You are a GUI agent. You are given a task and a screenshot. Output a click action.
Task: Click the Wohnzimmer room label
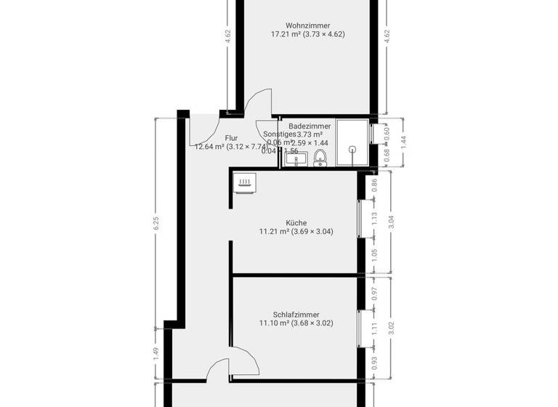click(x=307, y=25)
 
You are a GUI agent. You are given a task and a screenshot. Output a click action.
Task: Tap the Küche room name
click(x=296, y=223)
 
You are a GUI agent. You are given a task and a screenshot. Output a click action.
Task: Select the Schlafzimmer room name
click(x=296, y=315)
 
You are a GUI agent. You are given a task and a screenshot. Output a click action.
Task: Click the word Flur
click(x=232, y=137)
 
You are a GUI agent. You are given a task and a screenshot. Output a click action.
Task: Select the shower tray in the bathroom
click(x=352, y=144)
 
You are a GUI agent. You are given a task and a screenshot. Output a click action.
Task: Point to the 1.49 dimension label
click(x=155, y=354)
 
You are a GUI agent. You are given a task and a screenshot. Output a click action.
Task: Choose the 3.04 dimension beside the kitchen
click(x=392, y=222)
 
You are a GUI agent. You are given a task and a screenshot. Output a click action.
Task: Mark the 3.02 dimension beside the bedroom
click(x=392, y=328)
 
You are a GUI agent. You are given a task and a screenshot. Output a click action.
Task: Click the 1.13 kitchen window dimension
click(x=375, y=219)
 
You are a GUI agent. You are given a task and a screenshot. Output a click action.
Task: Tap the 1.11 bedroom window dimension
click(x=375, y=328)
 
